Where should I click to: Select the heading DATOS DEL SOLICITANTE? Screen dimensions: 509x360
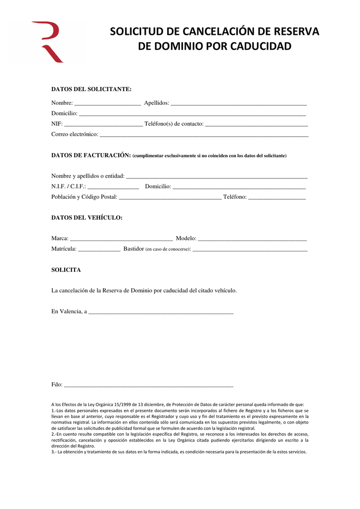[91, 89]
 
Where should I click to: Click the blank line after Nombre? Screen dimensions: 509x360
[107, 104]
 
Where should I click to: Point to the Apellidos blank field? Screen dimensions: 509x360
[239, 104]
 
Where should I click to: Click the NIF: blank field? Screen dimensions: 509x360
[103, 124]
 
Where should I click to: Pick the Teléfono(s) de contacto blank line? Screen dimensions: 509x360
[257, 124]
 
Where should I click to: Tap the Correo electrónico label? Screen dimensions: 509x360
[75, 134]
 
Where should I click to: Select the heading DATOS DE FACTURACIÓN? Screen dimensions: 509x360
[91, 156]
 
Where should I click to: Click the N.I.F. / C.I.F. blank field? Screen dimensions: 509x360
[113, 187]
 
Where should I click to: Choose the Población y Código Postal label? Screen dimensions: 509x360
[84, 197]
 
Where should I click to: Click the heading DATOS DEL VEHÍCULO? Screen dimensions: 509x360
[87, 218]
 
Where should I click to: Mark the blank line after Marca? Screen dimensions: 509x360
[121, 239]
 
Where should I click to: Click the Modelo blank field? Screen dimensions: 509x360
[252, 239]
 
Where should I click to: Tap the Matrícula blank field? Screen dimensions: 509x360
[99, 249]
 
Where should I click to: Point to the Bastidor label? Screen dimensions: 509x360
[133, 249]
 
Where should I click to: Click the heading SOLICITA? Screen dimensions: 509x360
[66, 270]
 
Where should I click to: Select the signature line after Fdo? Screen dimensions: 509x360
[149, 385]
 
